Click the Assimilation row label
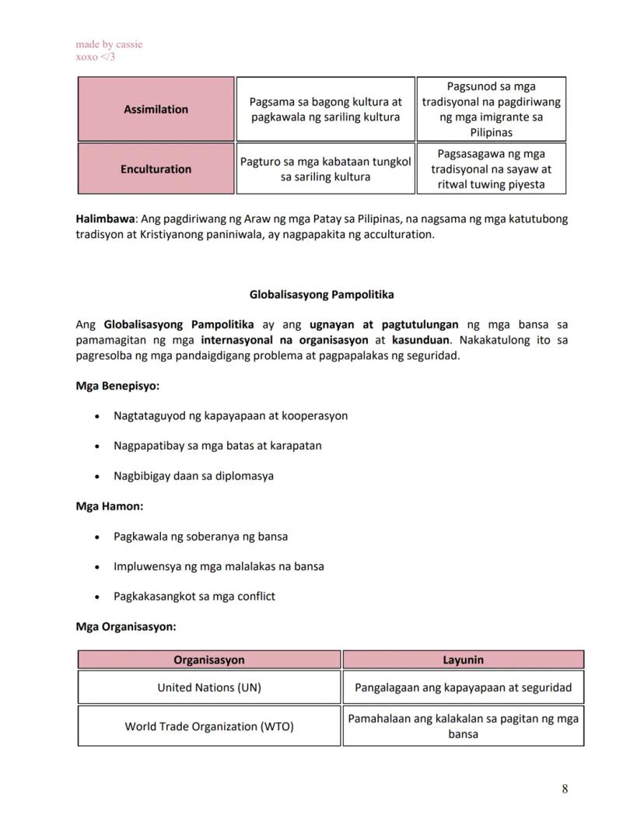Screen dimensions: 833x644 pyautogui.click(x=156, y=110)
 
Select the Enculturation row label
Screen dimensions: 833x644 pyautogui.click(x=156, y=169)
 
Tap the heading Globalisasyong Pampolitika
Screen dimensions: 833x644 pyautogui.click(x=321, y=295)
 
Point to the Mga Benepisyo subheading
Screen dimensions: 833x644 pyautogui.click(x=117, y=386)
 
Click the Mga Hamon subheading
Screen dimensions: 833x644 pyautogui.click(x=109, y=506)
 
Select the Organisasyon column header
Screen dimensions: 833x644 pyautogui.click(x=209, y=660)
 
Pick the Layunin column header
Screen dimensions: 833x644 pyautogui.click(x=463, y=660)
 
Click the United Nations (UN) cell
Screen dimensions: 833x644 pyautogui.click(x=209, y=688)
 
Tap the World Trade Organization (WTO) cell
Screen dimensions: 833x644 pyautogui.click(x=209, y=726)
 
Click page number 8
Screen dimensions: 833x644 pyautogui.click(x=565, y=789)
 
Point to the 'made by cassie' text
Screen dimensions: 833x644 pyautogui.click(x=109, y=44)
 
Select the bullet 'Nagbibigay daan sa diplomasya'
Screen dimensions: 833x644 pyautogui.click(x=194, y=476)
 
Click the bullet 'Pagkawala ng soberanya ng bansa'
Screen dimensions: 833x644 pyautogui.click(x=201, y=537)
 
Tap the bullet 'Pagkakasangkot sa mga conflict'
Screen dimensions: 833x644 pyautogui.click(x=194, y=597)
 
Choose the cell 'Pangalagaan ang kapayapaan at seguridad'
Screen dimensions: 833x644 pyautogui.click(x=463, y=688)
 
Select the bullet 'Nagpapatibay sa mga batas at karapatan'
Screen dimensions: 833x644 pyautogui.click(x=217, y=446)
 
